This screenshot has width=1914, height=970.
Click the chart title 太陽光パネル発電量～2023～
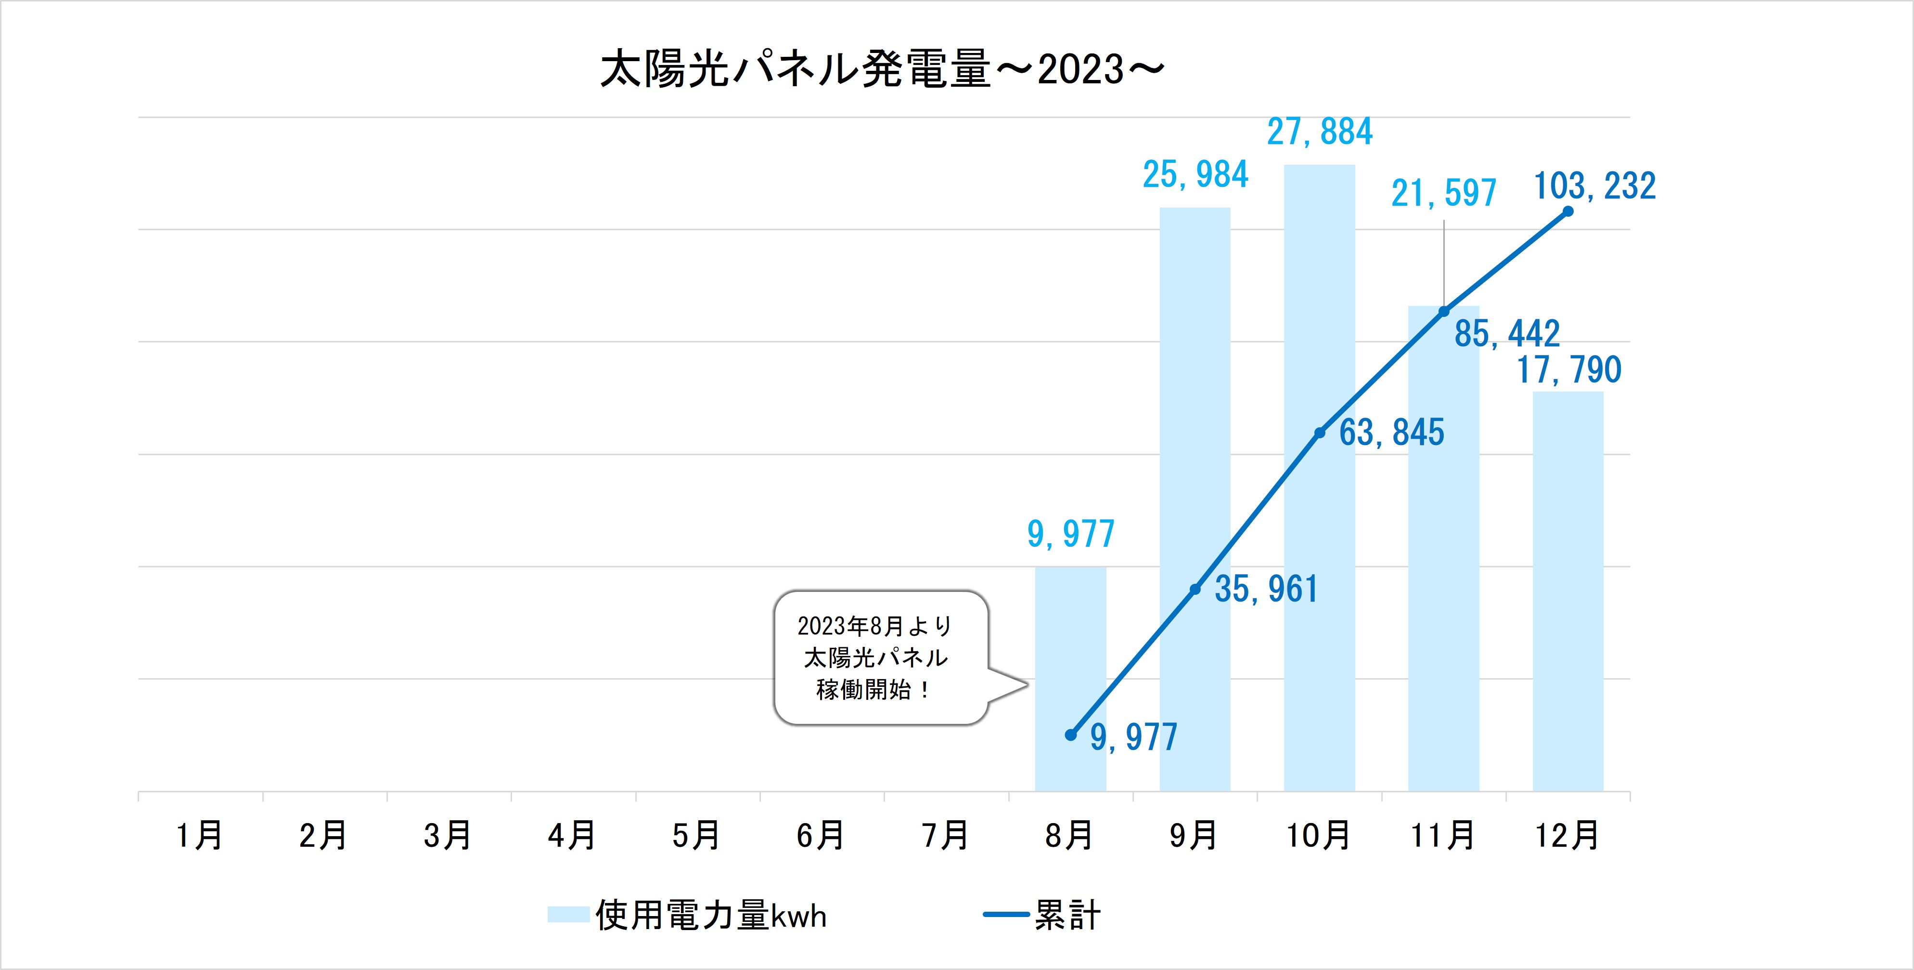point(881,69)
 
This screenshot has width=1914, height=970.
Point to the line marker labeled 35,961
point(1195,590)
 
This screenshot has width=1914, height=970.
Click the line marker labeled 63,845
point(1320,433)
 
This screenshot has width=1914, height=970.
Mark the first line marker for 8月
point(1071,735)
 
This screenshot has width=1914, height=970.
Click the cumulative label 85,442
point(1507,334)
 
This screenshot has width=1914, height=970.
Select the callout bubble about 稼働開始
point(880,658)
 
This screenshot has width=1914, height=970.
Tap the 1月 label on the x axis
point(199,836)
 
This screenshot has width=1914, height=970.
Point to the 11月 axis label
point(1443,836)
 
